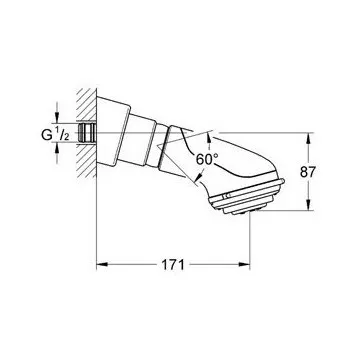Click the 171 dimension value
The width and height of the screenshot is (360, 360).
coord(173,265)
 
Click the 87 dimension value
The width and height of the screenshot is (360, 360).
coord(308,172)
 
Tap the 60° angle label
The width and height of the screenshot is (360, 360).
coord(207,159)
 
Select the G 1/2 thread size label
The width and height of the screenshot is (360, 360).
coord(55,135)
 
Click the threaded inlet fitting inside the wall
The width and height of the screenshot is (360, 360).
coord(87,132)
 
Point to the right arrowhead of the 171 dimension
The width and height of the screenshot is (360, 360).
coord(244,265)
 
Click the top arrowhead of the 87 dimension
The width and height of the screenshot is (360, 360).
coord(308,138)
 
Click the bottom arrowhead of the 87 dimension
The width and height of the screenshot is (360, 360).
coord(308,205)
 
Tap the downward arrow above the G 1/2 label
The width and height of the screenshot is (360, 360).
coord(57,118)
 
